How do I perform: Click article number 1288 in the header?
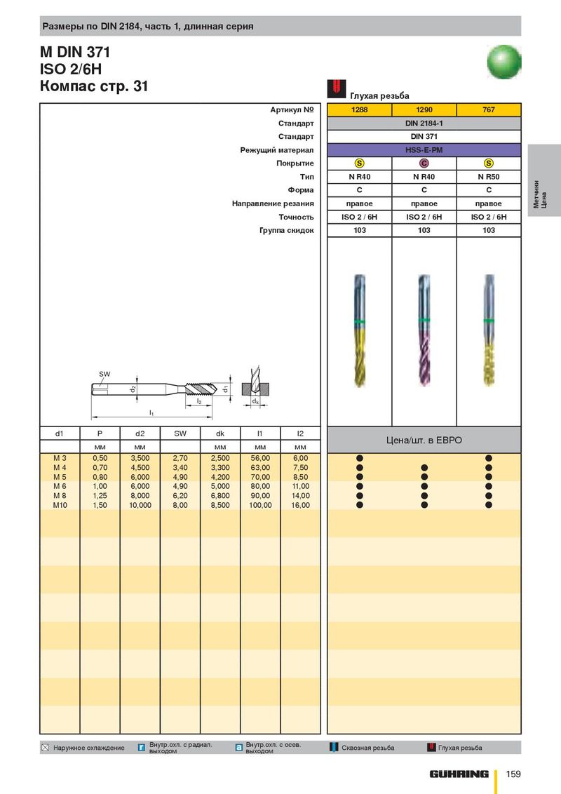pos(359,110)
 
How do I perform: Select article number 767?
pos(489,110)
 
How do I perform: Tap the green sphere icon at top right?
pos(504,61)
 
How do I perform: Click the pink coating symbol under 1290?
pos(424,163)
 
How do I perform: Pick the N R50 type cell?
pos(489,177)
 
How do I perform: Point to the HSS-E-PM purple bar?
pos(424,150)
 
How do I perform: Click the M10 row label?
pos(60,505)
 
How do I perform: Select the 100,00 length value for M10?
pos(260,505)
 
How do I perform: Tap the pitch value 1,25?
pos(100,496)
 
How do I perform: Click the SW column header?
pos(180,433)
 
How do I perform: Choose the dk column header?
pos(220,433)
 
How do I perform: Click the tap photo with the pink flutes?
pos(424,330)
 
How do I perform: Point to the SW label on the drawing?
pos(104,375)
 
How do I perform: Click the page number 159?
pos(513,774)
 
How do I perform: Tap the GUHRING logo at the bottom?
pos(459,774)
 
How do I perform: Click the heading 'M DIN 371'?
pos(75,52)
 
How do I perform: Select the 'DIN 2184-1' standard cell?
pos(424,123)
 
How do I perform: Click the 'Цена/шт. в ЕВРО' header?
pos(424,440)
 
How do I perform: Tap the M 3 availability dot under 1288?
pos(359,458)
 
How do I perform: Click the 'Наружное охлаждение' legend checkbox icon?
pos(46,748)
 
